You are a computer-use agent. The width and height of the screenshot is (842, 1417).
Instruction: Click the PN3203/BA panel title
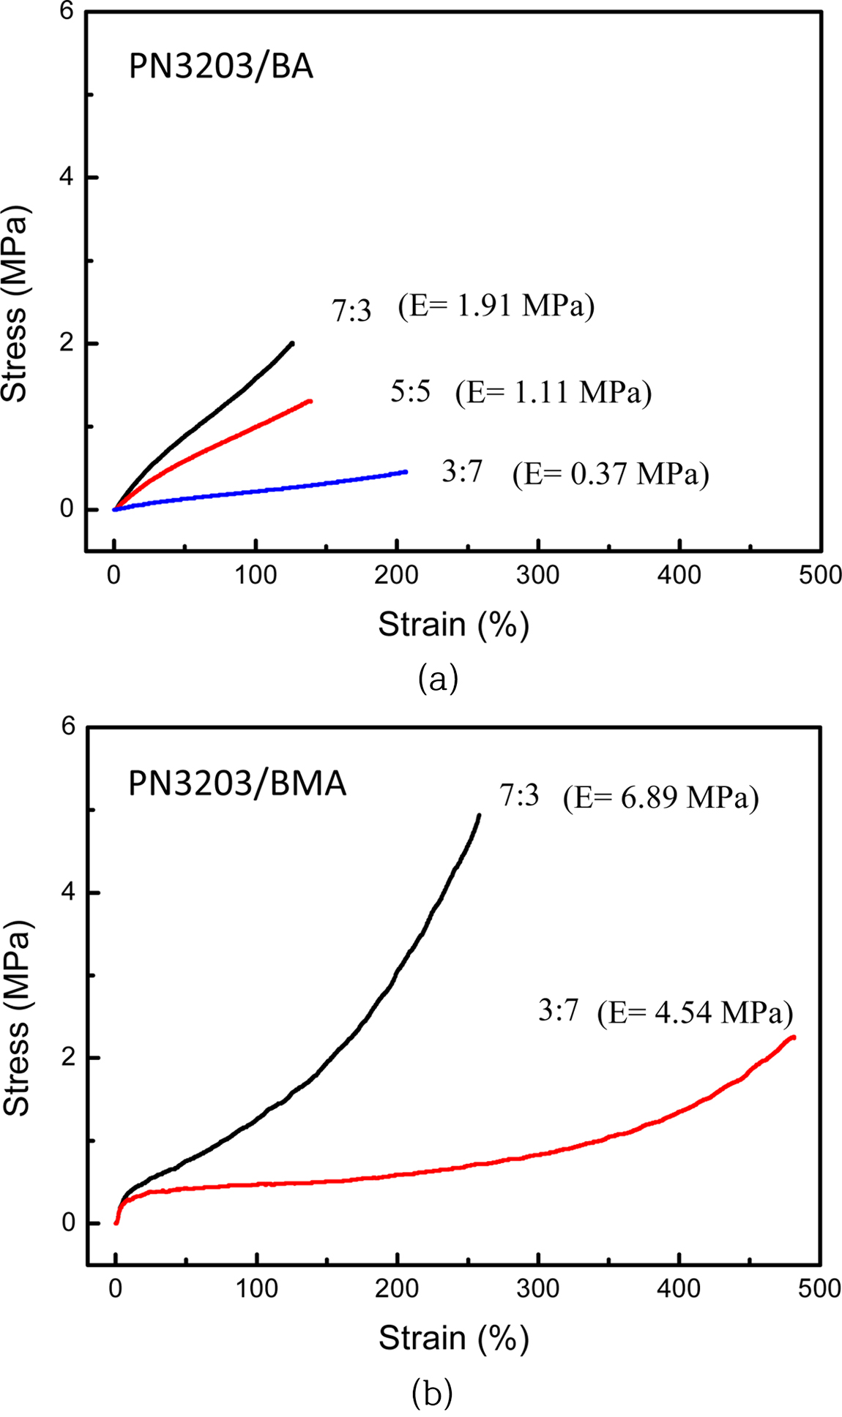[220, 68]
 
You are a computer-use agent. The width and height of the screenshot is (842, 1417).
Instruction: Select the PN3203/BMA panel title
[236, 784]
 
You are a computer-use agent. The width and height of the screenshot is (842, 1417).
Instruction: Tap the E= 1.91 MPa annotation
[496, 307]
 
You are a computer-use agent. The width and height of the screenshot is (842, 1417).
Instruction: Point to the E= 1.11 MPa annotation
[554, 393]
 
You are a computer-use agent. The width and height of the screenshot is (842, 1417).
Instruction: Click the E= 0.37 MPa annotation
[611, 474]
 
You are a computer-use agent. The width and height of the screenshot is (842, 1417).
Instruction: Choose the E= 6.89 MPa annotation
[660, 797]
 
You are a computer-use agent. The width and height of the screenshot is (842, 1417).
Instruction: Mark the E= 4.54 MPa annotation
[695, 1014]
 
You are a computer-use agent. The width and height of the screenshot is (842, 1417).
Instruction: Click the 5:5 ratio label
[410, 393]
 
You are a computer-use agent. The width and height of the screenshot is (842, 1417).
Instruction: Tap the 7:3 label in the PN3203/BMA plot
[519, 796]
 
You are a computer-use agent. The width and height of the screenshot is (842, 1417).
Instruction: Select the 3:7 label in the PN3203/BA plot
[462, 473]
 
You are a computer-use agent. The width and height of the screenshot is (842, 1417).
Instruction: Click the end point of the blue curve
[405, 472]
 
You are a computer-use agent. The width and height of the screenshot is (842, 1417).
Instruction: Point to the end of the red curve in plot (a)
[310, 401]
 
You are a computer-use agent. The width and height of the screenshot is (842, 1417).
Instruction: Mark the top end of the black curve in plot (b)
[479, 815]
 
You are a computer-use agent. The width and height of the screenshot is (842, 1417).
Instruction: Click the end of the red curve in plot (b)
[794, 1037]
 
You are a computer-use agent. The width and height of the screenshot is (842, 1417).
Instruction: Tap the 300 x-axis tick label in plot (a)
[538, 575]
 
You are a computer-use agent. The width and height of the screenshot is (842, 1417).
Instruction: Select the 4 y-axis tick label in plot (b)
[69, 892]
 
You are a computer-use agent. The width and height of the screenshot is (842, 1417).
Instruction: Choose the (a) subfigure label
[438, 678]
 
